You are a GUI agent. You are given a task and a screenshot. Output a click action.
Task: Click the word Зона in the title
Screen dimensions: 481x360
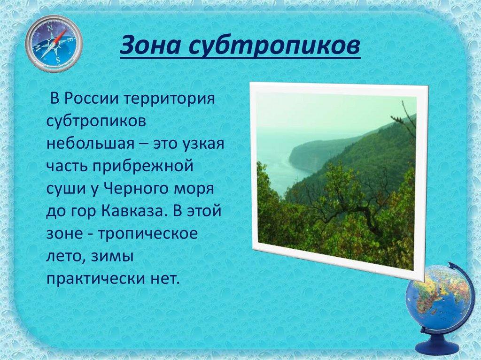coord(151,46)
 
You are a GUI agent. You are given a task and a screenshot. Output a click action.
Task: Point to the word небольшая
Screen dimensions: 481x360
coord(90,143)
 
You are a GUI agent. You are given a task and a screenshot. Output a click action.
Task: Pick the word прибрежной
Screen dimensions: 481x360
coord(143,167)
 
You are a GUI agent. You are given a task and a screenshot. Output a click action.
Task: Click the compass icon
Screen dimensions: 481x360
coord(54,43)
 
